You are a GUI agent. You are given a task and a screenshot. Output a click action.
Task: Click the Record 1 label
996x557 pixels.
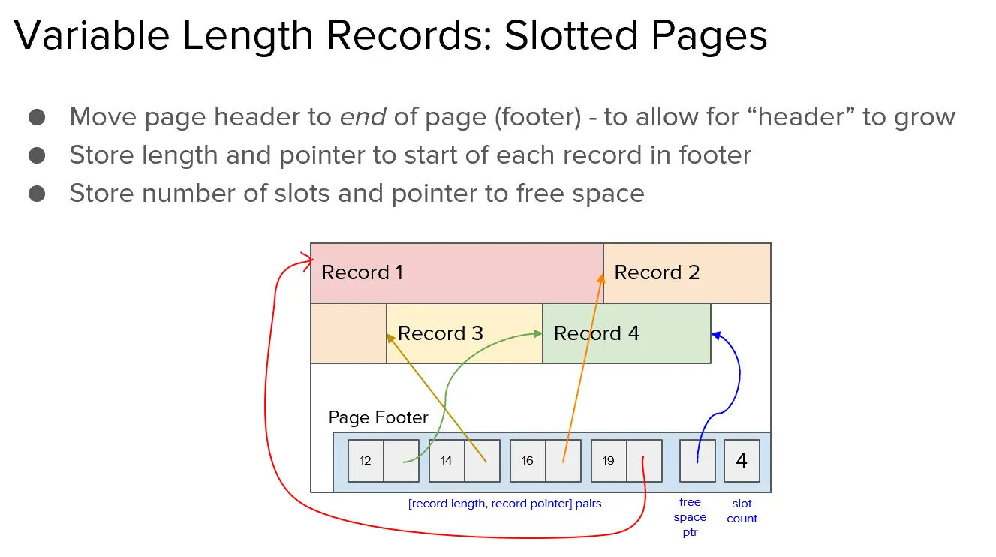pos(362,272)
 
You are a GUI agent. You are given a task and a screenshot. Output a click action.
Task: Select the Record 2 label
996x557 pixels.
pos(657,272)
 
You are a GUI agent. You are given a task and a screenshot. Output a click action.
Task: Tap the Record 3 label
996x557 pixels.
pos(440,333)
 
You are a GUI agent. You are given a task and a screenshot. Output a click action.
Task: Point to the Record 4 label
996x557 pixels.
pos(596,333)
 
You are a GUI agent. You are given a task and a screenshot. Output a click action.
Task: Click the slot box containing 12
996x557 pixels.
pos(366,461)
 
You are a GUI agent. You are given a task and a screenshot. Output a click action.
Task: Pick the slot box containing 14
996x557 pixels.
pos(447,461)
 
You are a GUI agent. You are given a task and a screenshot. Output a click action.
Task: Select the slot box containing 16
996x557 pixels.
pos(528,461)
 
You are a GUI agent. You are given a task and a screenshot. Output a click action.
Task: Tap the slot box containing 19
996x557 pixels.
pos(608,461)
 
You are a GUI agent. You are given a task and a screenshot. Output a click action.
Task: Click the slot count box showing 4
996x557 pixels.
pos(742,461)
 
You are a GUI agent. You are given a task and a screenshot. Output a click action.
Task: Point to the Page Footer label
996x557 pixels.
pos(378,417)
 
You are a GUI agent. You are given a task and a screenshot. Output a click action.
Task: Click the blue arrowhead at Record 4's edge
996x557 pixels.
pos(716,336)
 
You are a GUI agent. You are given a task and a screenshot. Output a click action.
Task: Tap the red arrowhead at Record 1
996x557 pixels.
pos(308,261)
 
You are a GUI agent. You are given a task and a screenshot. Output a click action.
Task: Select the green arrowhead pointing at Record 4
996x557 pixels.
pos(537,333)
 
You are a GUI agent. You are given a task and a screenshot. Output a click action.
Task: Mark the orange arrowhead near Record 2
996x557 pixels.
pos(601,278)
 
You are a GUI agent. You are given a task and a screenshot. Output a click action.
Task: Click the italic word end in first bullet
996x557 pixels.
pos(363,117)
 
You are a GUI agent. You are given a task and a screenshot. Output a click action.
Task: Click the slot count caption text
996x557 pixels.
pos(742,511)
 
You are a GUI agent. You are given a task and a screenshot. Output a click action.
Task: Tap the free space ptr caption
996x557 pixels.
pos(690,517)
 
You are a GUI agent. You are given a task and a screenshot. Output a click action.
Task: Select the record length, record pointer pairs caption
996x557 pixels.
pos(504,504)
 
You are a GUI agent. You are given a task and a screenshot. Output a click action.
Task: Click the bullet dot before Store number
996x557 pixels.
pos(37,194)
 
